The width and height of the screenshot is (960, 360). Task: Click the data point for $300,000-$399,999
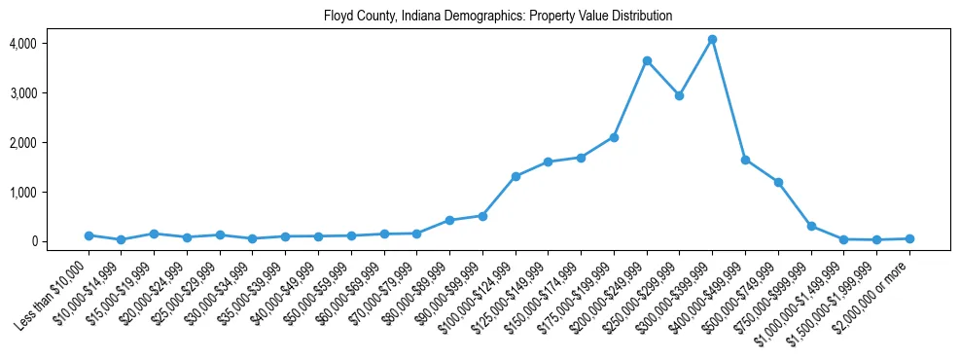[x=712, y=40]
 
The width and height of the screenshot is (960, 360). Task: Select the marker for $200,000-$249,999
[x=647, y=60]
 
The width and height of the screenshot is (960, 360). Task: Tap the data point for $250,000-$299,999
[x=679, y=95]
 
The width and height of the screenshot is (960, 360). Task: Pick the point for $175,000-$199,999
[x=614, y=137]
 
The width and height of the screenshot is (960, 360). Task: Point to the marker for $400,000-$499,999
[x=745, y=160]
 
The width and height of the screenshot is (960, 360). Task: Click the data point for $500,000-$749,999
[x=778, y=182]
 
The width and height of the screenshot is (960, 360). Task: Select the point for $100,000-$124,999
[x=516, y=176]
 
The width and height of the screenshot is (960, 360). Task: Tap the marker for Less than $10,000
[x=89, y=235]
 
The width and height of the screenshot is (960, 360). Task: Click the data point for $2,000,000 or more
[x=909, y=238]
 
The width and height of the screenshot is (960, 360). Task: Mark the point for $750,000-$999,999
[x=811, y=226]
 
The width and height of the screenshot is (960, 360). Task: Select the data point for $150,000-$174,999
[x=581, y=158]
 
